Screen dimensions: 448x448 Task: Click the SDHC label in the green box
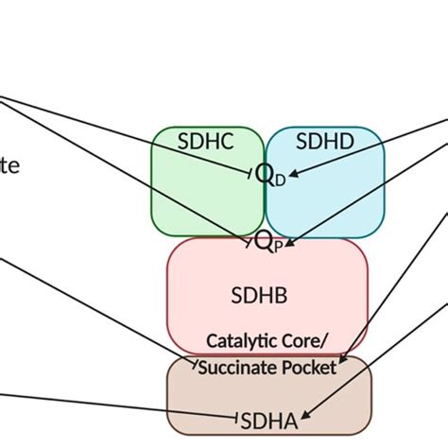pyautogui.click(x=206, y=142)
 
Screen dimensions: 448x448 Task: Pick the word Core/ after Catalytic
pyautogui.click(x=305, y=339)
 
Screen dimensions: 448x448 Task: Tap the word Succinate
pyautogui.click(x=236, y=367)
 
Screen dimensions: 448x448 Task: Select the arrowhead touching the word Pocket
pyautogui.click(x=342, y=360)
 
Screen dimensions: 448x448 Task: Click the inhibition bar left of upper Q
pyautogui.click(x=250, y=173)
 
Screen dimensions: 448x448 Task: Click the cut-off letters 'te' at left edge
pyautogui.click(x=9, y=166)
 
